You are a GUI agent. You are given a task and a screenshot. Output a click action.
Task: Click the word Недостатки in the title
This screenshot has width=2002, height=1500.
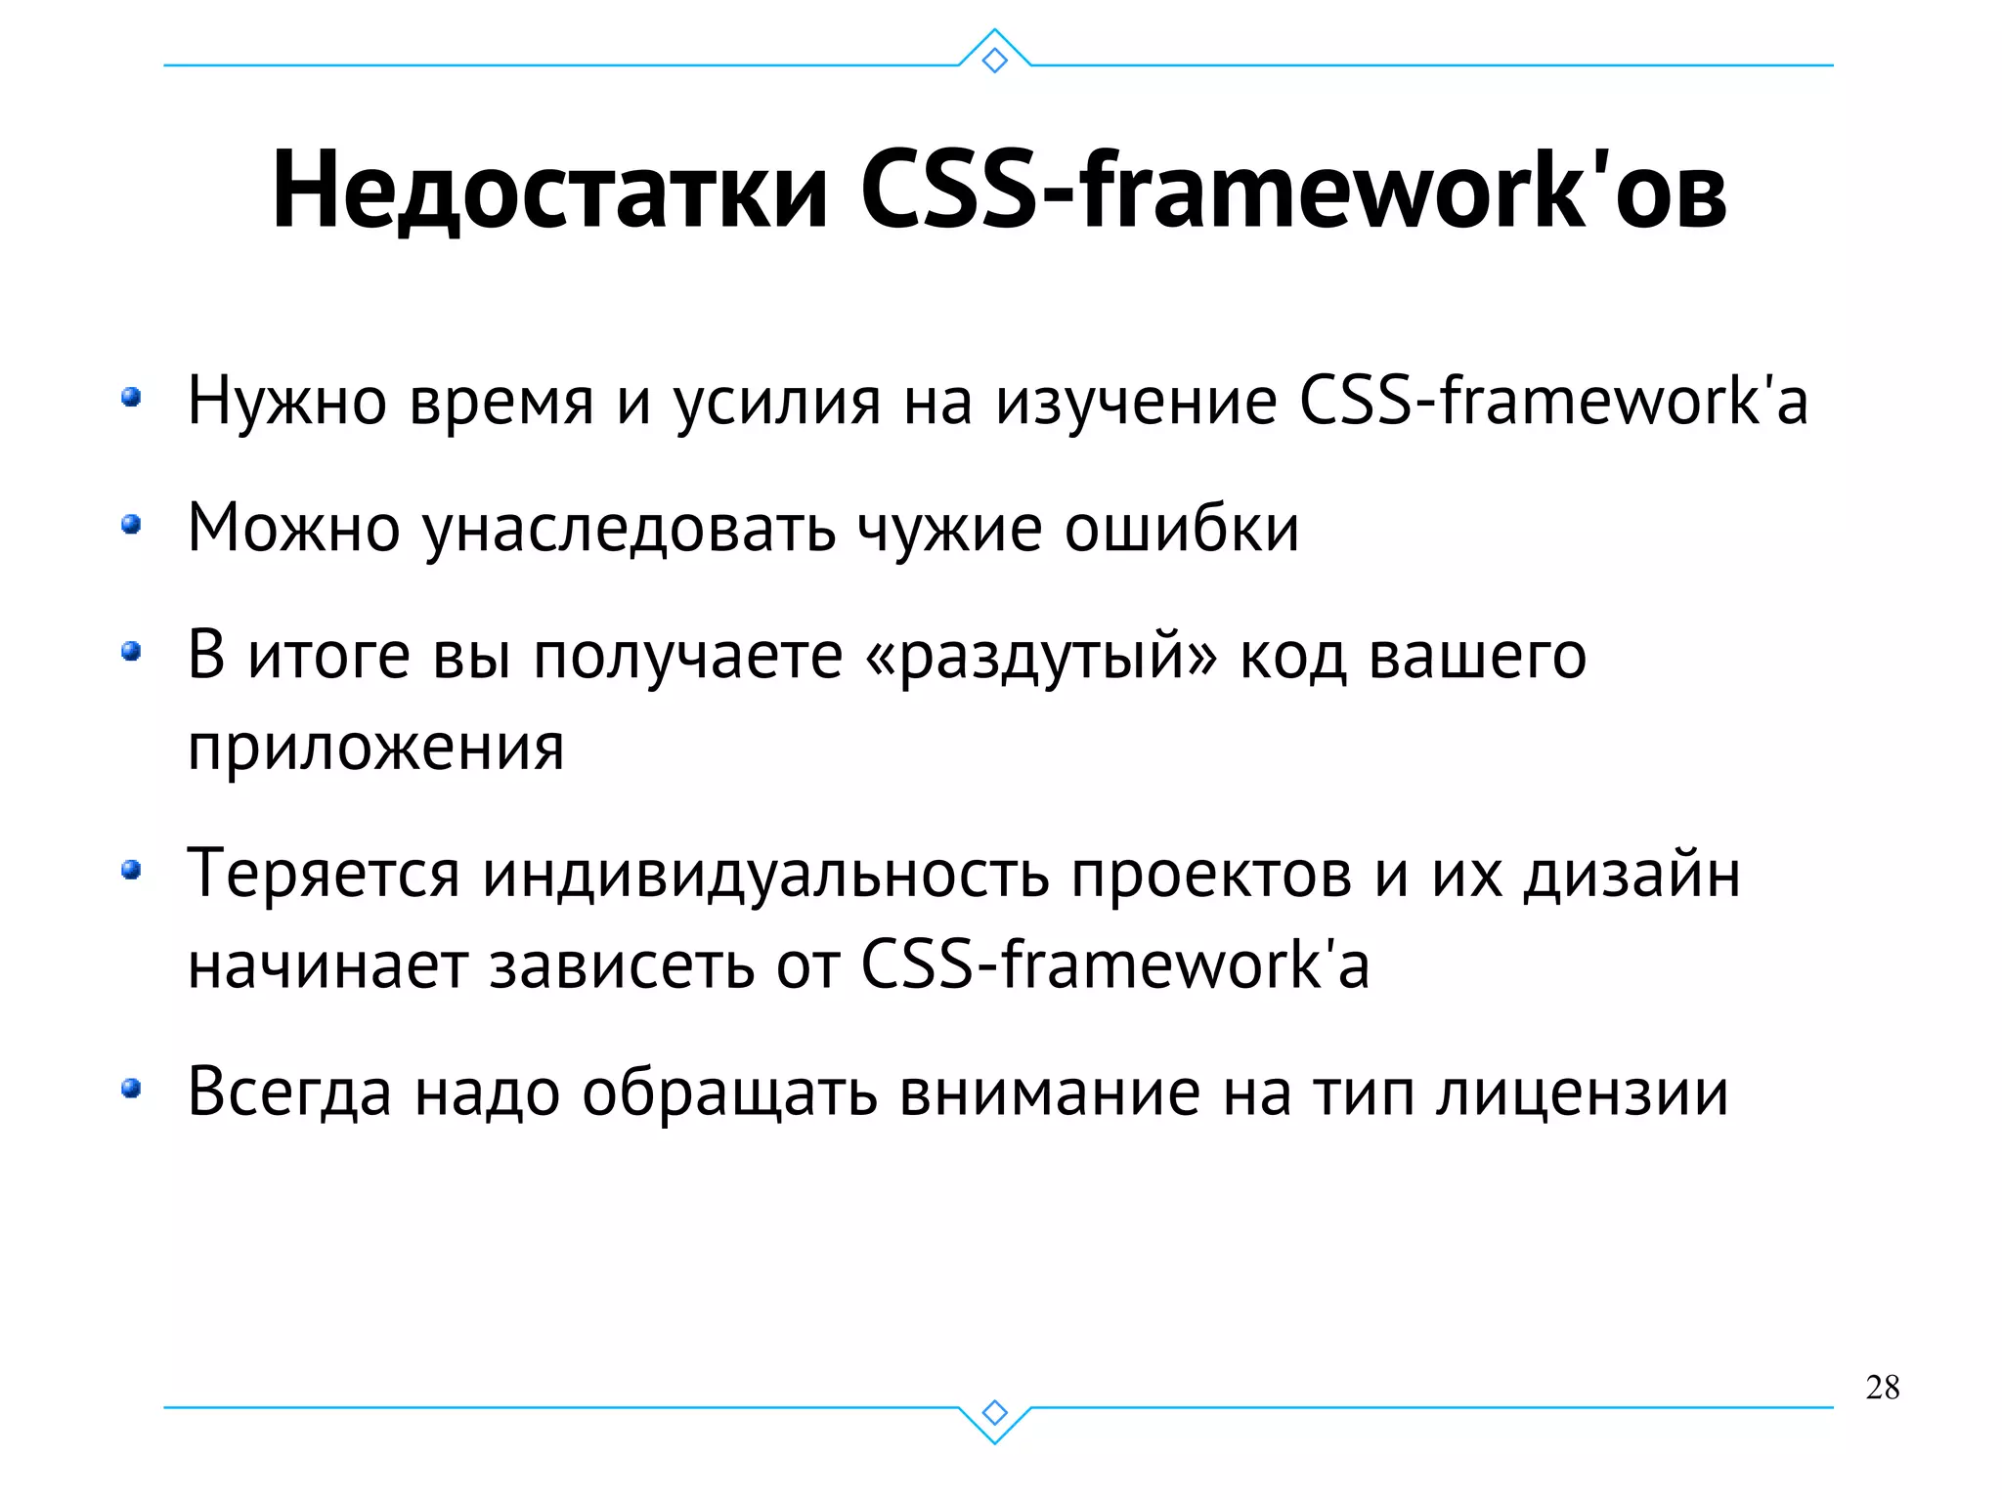pos(550,192)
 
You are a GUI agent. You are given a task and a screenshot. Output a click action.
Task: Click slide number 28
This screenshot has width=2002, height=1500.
pos(1882,1387)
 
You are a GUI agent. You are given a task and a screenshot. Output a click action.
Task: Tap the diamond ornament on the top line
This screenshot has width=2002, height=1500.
pos(994,61)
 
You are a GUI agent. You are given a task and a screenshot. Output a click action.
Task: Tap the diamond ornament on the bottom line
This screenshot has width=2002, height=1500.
pos(994,1412)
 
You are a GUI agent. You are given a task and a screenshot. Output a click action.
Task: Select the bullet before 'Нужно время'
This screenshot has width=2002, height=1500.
pos(131,398)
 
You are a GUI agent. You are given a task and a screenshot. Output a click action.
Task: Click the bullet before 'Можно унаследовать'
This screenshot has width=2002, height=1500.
pos(131,526)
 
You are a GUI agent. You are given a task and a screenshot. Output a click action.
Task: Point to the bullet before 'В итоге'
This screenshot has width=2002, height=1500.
pos(131,652)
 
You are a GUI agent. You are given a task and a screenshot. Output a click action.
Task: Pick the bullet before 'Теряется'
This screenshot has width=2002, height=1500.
pos(131,870)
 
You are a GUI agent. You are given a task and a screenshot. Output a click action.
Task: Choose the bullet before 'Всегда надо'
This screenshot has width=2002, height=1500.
pos(131,1089)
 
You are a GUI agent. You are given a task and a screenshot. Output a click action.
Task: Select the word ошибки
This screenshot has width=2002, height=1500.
pos(1181,529)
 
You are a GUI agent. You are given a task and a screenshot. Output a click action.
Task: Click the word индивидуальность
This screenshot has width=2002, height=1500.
pos(765,875)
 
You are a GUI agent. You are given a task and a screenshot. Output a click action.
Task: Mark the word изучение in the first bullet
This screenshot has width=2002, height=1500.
pos(1136,403)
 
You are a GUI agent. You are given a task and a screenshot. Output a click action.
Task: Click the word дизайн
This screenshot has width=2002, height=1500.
pos(1632,875)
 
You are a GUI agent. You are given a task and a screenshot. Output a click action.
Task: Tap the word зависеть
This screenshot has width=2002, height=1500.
pos(622,965)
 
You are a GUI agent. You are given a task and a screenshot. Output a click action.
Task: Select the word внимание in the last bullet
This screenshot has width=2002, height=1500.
pos(1049,1093)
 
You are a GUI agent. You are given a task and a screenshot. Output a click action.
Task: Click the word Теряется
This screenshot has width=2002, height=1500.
pos(323,875)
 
